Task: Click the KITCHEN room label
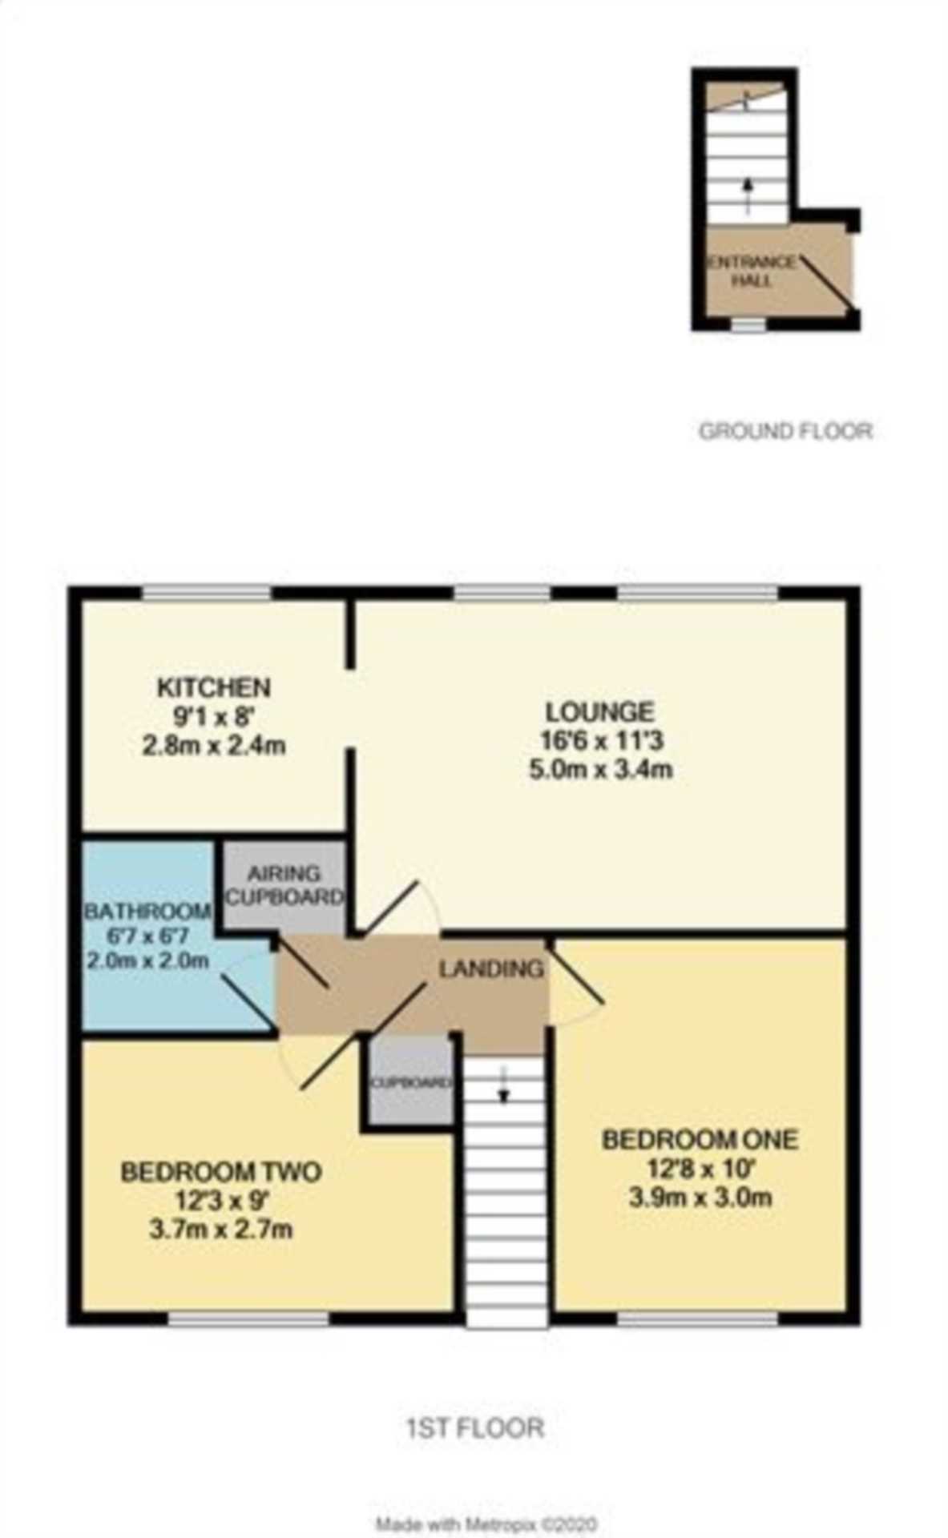[213, 687]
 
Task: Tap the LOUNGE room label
[599, 711]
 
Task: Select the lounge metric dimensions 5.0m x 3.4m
[599, 770]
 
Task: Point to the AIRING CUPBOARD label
[284, 885]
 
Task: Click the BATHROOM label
[148, 911]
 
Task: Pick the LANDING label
[490, 968]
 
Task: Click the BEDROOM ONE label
[700, 1139]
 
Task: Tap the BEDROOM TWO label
[220, 1172]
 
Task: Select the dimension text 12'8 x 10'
[700, 1169]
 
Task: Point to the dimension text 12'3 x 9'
[220, 1201]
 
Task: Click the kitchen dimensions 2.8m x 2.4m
[213, 746]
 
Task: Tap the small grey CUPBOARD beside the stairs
[410, 1083]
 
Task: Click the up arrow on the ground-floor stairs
[748, 195]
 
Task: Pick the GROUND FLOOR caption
[785, 432]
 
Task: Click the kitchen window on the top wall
[206, 593]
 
